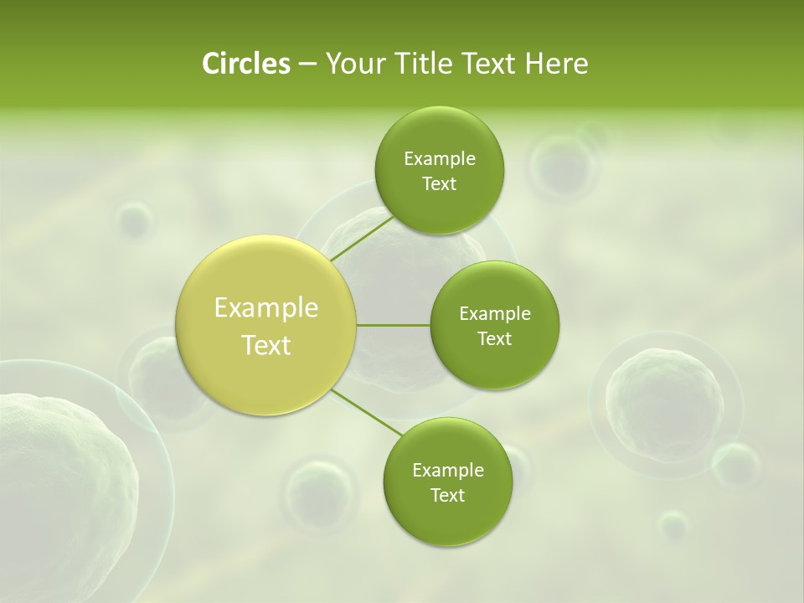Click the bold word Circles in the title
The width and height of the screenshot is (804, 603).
245,64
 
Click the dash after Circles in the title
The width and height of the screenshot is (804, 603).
307,64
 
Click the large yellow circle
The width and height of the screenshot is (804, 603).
266,326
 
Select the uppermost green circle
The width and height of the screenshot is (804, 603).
439,171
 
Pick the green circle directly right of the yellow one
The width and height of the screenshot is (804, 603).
494,325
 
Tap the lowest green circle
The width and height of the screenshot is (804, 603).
447,482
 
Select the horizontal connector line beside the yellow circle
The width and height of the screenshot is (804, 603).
394,325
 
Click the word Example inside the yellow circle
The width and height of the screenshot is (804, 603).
266,308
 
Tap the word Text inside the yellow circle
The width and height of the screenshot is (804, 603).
266,345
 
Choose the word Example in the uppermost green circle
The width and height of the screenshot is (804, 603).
439,159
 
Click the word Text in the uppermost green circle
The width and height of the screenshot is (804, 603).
439,184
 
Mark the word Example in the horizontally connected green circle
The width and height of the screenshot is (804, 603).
494,314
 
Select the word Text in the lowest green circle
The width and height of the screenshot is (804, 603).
447,495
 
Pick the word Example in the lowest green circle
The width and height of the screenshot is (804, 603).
447,471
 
